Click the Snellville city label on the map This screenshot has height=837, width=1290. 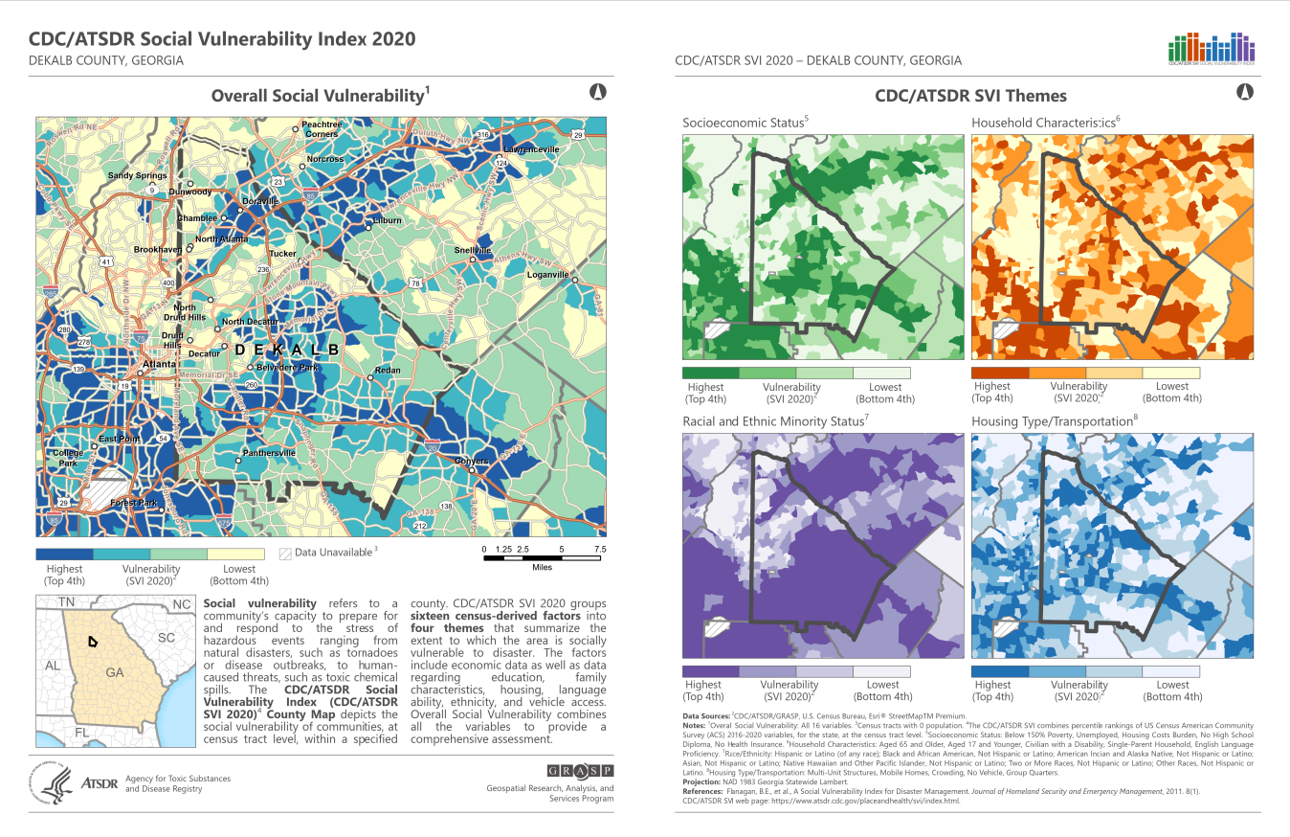[x=473, y=251]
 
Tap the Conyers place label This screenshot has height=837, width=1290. [x=472, y=461]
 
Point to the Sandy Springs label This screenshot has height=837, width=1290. [x=137, y=176]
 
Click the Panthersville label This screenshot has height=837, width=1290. [x=269, y=452]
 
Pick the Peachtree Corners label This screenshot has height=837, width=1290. [x=322, y=129]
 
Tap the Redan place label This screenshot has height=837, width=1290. [x=388, y=370]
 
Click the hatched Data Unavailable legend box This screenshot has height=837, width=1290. [x=284, y=553]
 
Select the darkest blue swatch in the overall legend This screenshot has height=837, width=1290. [x=64, y=554]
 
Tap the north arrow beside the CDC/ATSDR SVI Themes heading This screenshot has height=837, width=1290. [x=1245, y=93]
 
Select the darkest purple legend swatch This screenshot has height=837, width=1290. [x=710, y=671]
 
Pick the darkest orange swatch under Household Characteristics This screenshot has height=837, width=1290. [x=999, y=373]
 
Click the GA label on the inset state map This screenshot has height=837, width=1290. [x=115, y=672]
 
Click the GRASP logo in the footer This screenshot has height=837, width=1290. [x=580, y=770]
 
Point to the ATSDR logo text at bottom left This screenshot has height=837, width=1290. [x=100, y=783]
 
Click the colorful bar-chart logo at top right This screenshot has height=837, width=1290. [x=1212, y=48]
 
